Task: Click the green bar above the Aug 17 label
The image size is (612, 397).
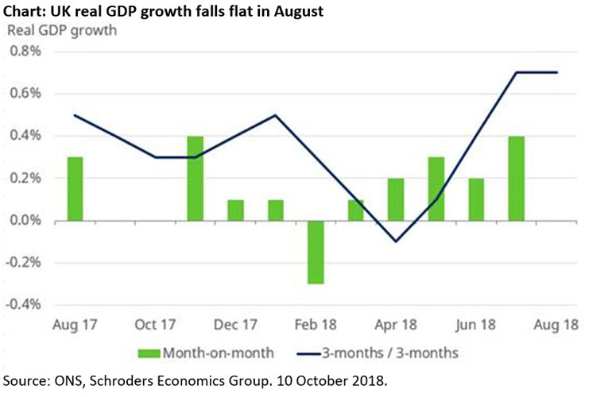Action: [x=76, y=188]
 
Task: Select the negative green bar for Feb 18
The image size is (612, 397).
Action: [x=316, y=251]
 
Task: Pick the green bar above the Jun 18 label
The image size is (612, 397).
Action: [x=476, y=198]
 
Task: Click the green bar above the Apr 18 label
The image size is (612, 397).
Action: [x=396, y=198]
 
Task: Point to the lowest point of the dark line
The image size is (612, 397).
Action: [x=396, y=241]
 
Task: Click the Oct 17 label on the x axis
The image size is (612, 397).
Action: [x=155, y=325]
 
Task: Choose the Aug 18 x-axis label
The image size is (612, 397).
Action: [x=556, y=325]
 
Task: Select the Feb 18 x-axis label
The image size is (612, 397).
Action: [x=316, y=325]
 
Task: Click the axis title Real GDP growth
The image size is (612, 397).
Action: [x=62, y=31]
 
